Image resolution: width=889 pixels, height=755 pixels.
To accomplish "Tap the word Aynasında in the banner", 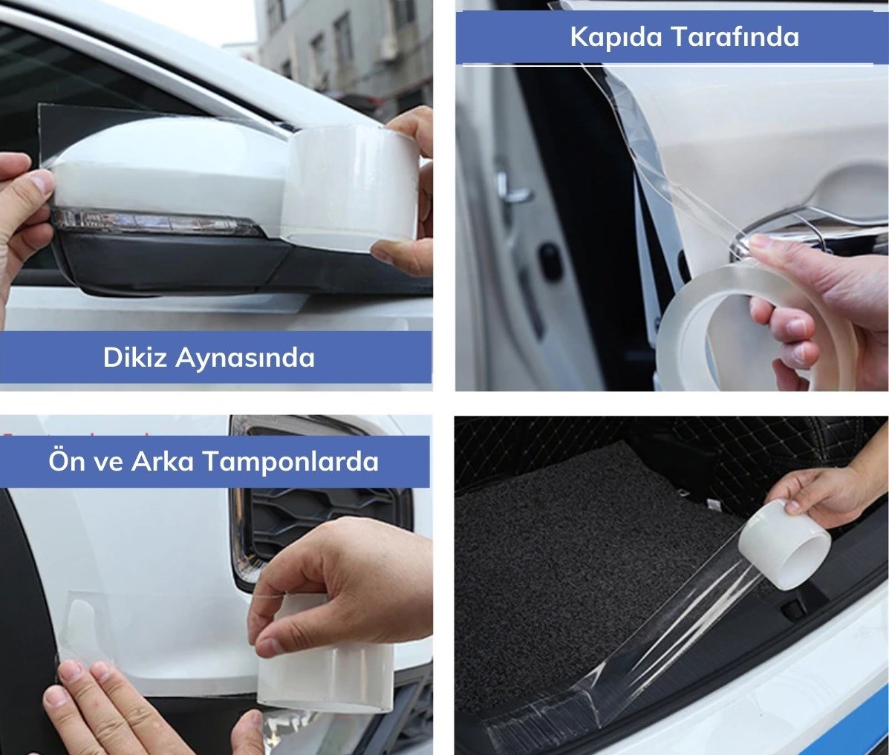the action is pos(245,359).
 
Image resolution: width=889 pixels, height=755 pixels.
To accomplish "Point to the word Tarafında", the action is pos(735,36).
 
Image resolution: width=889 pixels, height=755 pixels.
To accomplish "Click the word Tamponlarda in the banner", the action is pos(290,462).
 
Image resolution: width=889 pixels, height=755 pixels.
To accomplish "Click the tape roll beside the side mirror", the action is pos(351,188).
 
